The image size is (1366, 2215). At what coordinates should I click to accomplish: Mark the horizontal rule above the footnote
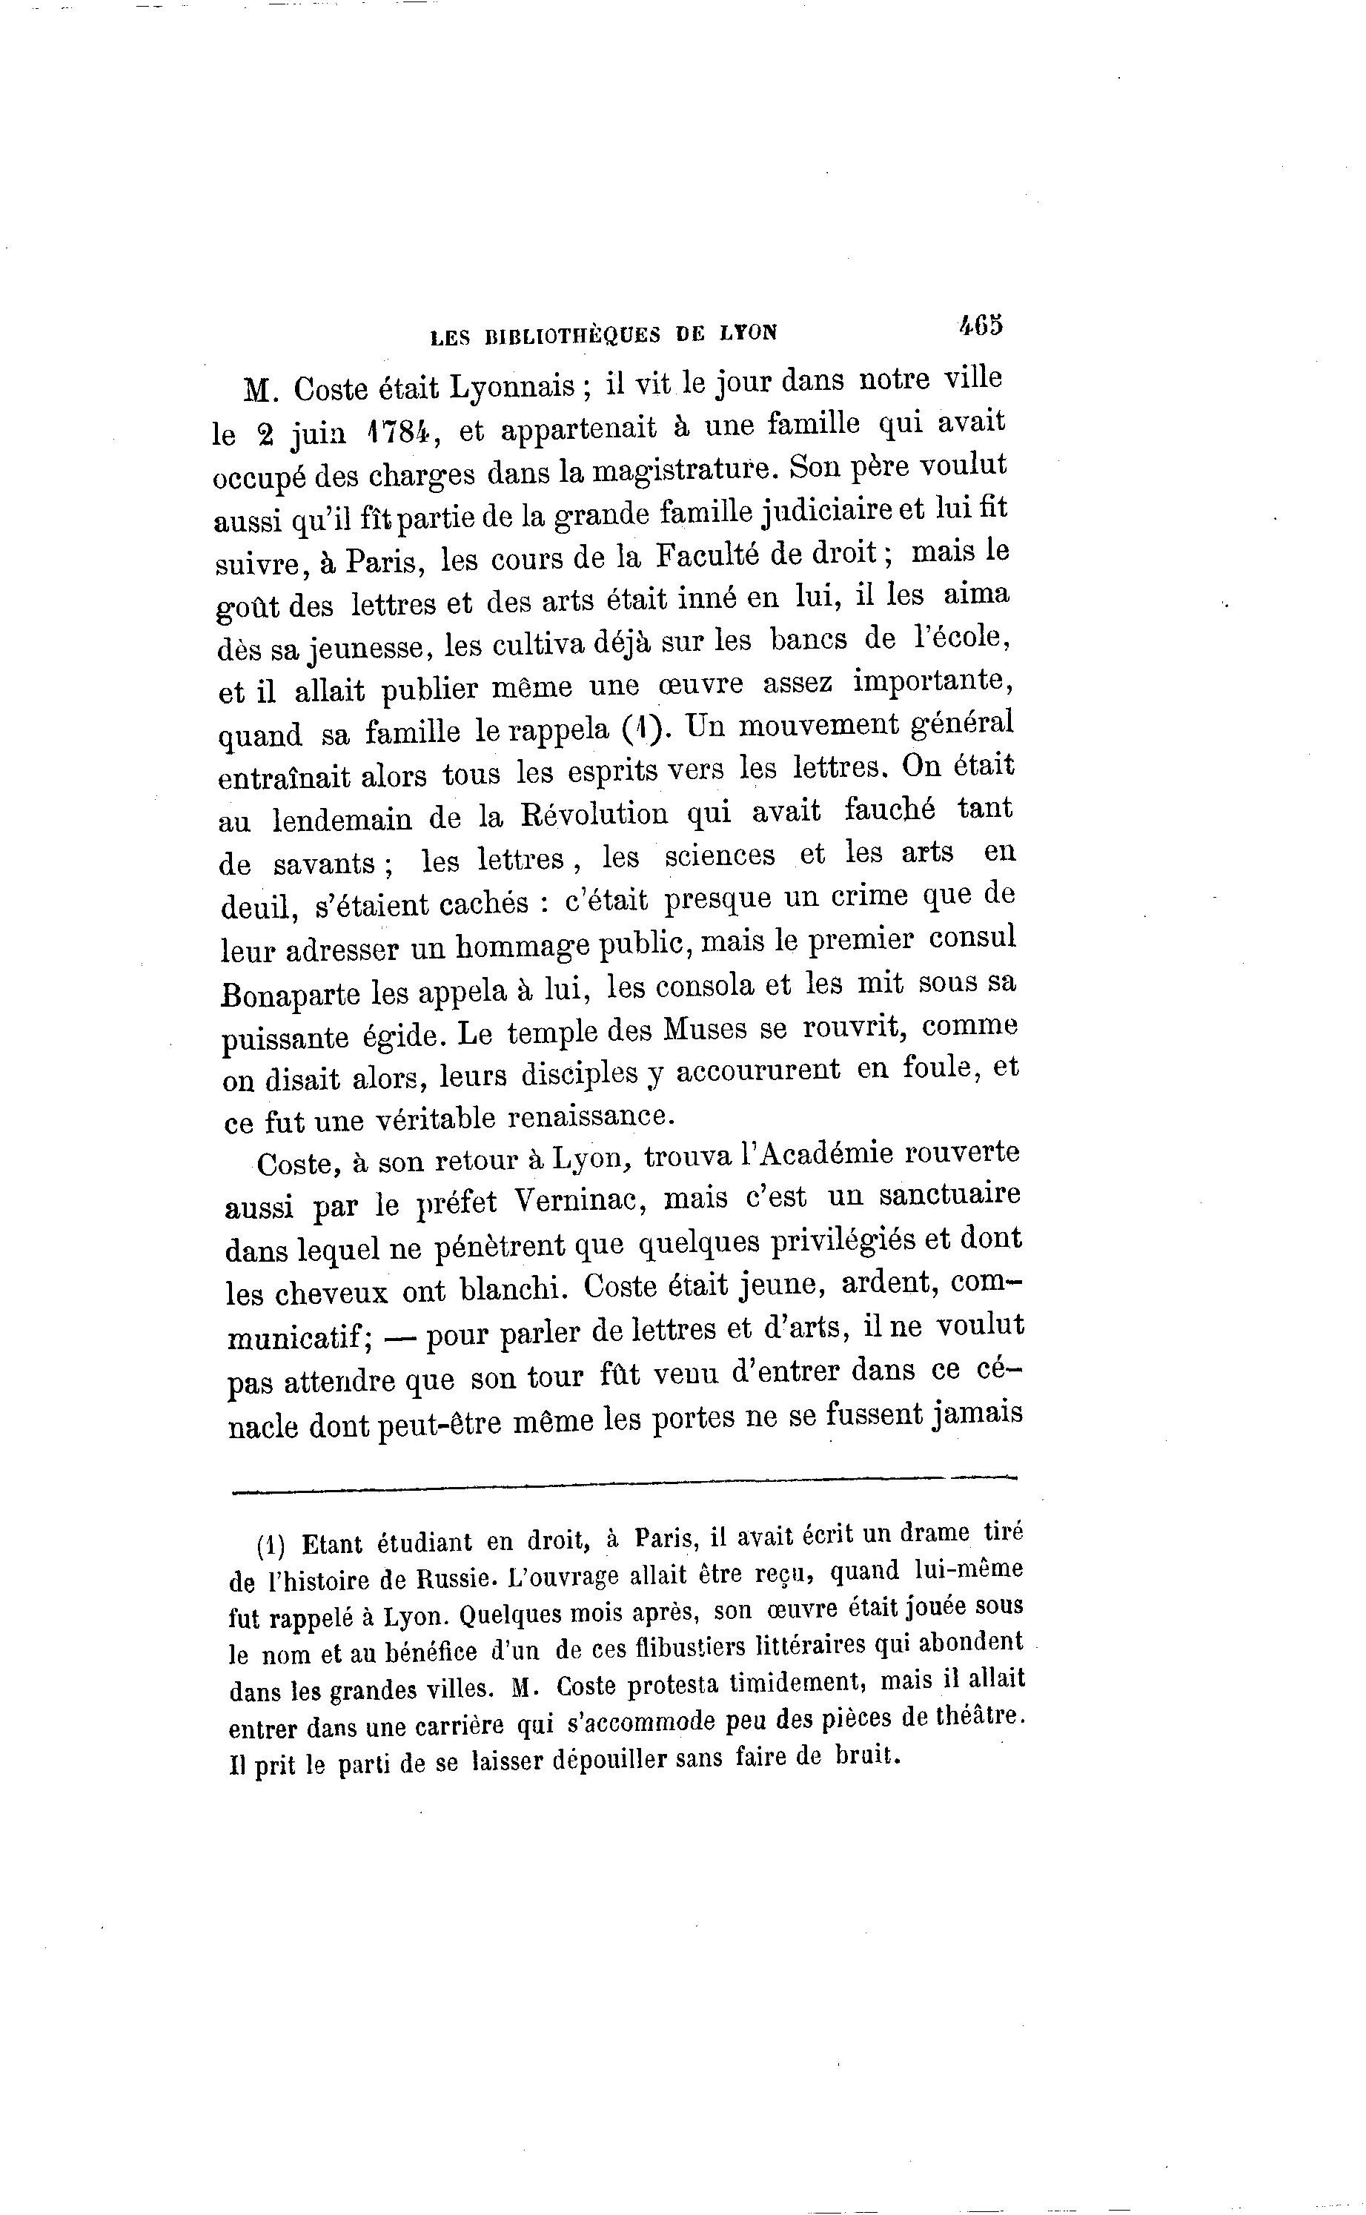[x=623, y=1479]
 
